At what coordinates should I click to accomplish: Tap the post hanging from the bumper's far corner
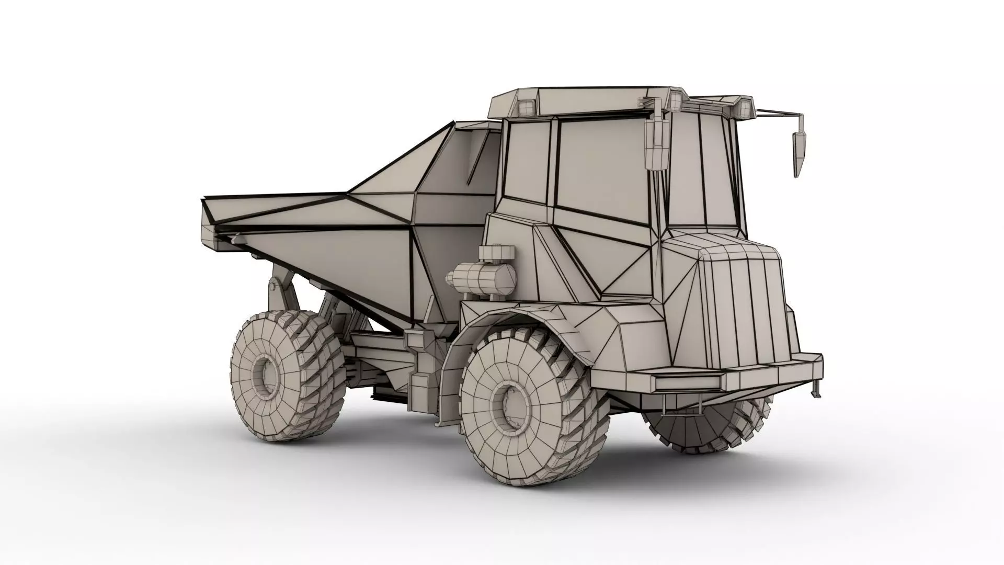(x=814, y=390)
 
